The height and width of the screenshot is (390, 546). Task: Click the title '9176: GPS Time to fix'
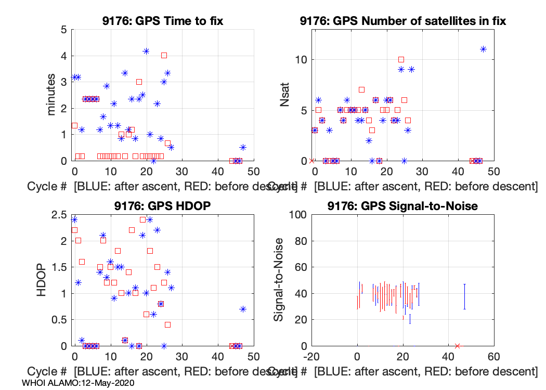[163, 21]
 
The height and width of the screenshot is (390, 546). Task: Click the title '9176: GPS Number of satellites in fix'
[402, 21]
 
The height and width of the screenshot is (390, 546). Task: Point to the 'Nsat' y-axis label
[285, 95]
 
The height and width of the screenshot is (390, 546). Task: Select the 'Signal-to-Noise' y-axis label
[279, 280]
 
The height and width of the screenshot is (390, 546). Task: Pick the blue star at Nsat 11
[483, 49]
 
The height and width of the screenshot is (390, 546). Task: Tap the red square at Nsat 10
[401, 60]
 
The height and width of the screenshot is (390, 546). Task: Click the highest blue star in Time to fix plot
[146, 51]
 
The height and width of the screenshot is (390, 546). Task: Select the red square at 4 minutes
[164, 55]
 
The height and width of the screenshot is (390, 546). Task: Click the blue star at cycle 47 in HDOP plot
[243, 309]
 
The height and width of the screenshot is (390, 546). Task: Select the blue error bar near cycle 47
[464, 296]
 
